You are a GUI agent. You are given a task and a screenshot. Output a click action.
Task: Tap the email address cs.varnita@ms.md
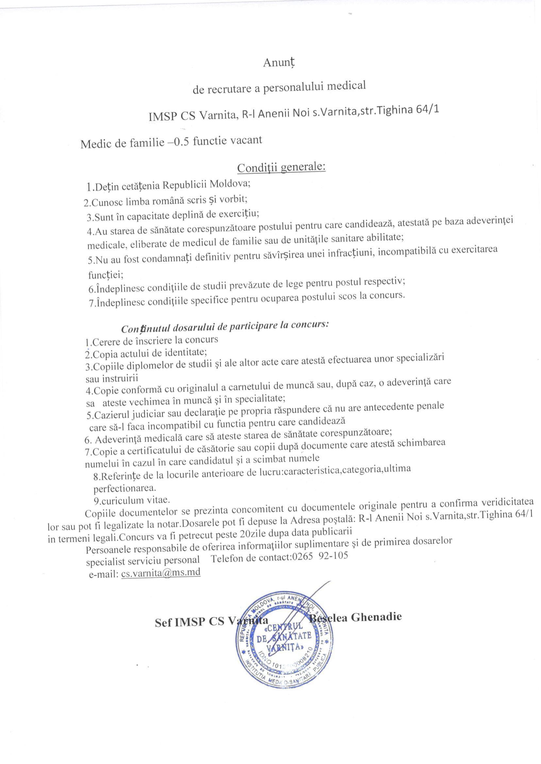(x=160, y=573)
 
